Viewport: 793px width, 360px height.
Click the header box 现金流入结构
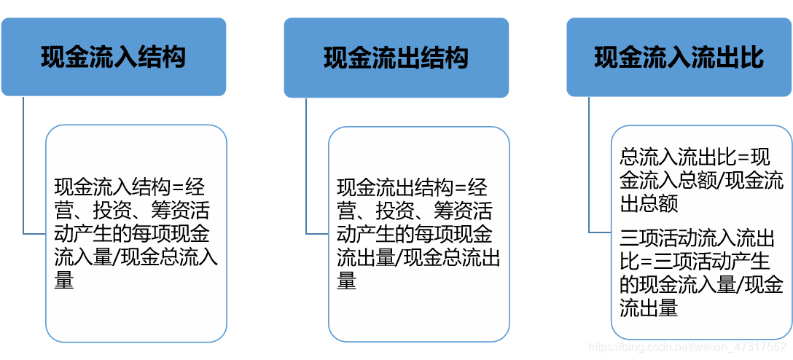(114, 57)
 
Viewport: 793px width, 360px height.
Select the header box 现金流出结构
(396, 58)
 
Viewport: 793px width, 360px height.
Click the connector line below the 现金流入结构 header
(23, 168)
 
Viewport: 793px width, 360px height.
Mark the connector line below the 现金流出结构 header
(306, 168)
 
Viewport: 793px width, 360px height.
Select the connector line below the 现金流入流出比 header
(589, 168)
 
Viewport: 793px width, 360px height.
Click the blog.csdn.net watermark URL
(687, 348)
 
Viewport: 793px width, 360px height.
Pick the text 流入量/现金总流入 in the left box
(136, 257)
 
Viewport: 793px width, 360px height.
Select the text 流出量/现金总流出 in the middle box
(418, 257)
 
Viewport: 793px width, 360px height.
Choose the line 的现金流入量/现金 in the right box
(701, 285)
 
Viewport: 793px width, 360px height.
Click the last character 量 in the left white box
(64, 281)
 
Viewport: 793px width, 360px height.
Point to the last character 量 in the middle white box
(347, 281)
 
